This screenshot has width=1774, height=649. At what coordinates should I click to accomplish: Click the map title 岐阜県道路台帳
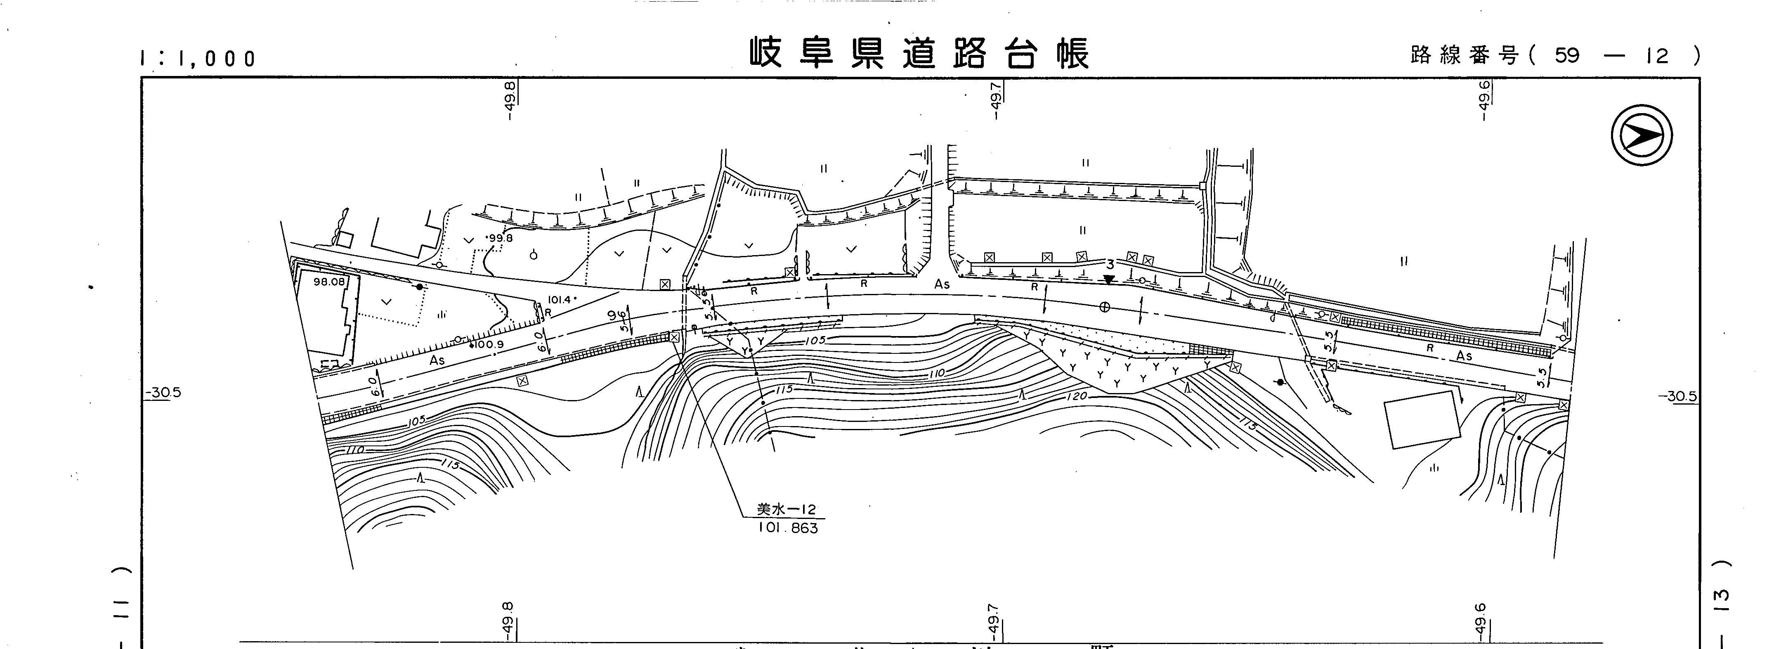(919, 54)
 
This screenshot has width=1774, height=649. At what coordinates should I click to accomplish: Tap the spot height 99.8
(500, 238)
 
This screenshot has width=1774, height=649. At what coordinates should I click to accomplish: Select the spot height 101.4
(560, 300)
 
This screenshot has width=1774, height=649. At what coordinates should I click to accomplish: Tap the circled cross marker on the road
(1105, 307)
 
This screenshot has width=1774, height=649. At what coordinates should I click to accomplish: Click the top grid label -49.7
(995, 100)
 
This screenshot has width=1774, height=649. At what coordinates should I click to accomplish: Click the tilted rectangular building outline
(1422, 419)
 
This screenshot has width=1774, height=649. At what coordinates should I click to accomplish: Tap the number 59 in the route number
(1567, 55)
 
